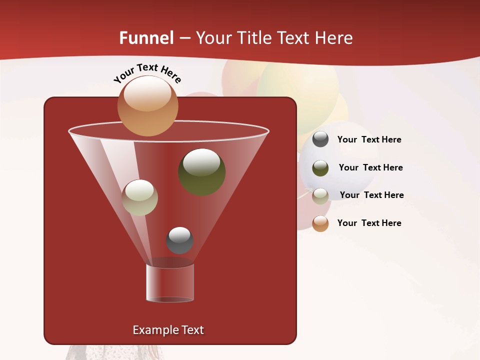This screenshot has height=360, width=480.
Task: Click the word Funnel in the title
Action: click(146, 38)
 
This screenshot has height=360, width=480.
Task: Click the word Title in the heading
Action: click(254, 38)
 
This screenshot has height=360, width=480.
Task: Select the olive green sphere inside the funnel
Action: click(201, 172)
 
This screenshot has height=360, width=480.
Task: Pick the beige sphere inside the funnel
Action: click(140, 197)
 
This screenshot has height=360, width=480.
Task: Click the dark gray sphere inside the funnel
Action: click(179, 240)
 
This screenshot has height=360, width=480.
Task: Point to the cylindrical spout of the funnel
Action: click(169, 282)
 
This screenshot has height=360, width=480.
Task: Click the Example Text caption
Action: click(168, 330)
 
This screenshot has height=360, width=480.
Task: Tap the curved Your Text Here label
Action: click(147, 73)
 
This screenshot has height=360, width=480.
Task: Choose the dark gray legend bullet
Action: click(320, 139)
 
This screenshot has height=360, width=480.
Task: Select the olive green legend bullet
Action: click(320, 168)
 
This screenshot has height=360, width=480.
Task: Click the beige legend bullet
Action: click(320, 196)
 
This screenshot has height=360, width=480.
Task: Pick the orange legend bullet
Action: click(320, 223)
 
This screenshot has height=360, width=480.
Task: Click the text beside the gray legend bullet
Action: click(369, 139)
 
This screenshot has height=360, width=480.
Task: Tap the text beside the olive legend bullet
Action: click(370, 167)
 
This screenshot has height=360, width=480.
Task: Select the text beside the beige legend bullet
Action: click(371, 195)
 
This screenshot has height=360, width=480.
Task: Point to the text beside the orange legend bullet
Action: click(369, 223)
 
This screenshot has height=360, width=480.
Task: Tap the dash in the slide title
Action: click(184, 38)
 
